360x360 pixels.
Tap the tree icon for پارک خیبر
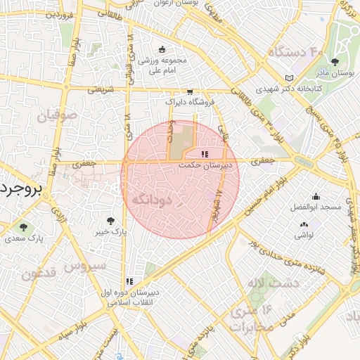(x=109, y=220)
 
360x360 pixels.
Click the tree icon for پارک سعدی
(x=24, y=227)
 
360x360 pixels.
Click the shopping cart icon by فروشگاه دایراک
(x=190, y=91)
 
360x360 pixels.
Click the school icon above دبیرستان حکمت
(x=205, y=154)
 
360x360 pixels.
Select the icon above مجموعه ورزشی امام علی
(x=162, y=49)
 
